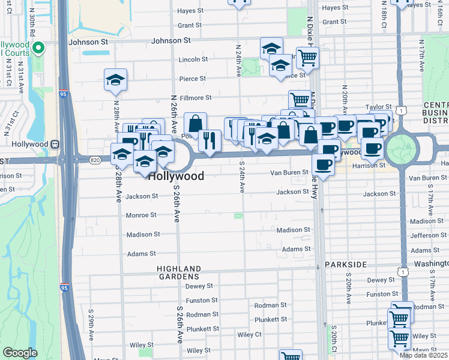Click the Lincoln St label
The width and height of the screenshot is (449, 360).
193,59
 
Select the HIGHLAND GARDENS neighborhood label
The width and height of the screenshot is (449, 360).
178,272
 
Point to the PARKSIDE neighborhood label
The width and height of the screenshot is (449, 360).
345,264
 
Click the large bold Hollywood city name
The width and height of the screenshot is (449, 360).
175,176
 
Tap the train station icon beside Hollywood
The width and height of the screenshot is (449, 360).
55,144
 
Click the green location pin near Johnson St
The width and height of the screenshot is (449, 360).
38,48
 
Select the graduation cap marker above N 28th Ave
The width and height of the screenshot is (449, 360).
115,80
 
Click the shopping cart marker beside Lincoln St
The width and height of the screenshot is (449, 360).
307,58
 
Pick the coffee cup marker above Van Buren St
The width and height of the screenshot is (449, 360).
323,164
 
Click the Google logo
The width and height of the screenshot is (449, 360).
20,353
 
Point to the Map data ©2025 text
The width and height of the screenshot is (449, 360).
423,355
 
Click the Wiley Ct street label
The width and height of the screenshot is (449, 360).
250,334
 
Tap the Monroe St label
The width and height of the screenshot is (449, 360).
141,215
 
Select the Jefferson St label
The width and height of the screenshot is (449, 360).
426,235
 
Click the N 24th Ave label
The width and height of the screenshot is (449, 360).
238,62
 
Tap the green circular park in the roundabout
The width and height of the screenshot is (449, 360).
401,148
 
